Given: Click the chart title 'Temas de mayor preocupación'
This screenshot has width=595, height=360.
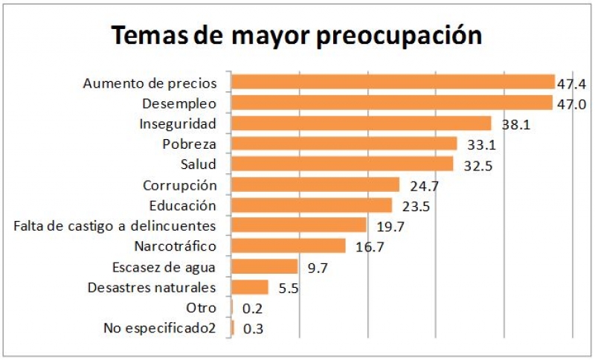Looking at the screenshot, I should pos(297,34).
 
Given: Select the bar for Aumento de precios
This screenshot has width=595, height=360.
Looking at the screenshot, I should pos(393,82).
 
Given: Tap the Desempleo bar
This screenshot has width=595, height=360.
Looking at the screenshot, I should pos(392,103).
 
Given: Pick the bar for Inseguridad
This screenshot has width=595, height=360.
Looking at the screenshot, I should pos(361,123).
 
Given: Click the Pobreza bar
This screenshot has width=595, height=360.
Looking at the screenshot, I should pos(344,144).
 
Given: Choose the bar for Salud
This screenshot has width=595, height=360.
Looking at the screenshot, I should pos(342,164).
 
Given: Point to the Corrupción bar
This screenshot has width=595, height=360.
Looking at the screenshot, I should pos(315,184).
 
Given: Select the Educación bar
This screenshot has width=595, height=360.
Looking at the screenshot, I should pos(312,205).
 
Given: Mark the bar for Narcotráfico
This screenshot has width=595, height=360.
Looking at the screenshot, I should pos(289,246).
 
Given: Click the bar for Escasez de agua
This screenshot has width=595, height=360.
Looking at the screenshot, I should pos(265,266).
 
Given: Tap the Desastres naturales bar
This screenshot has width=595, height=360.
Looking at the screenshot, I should pos(250,287).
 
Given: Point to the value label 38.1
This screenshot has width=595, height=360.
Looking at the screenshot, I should pos(515,125).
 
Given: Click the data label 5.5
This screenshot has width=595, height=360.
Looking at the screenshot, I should pos(289,289).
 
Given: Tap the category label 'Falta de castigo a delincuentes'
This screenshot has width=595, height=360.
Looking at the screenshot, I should pos(115,225).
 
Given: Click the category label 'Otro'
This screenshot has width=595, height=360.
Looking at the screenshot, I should pos(202,307).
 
